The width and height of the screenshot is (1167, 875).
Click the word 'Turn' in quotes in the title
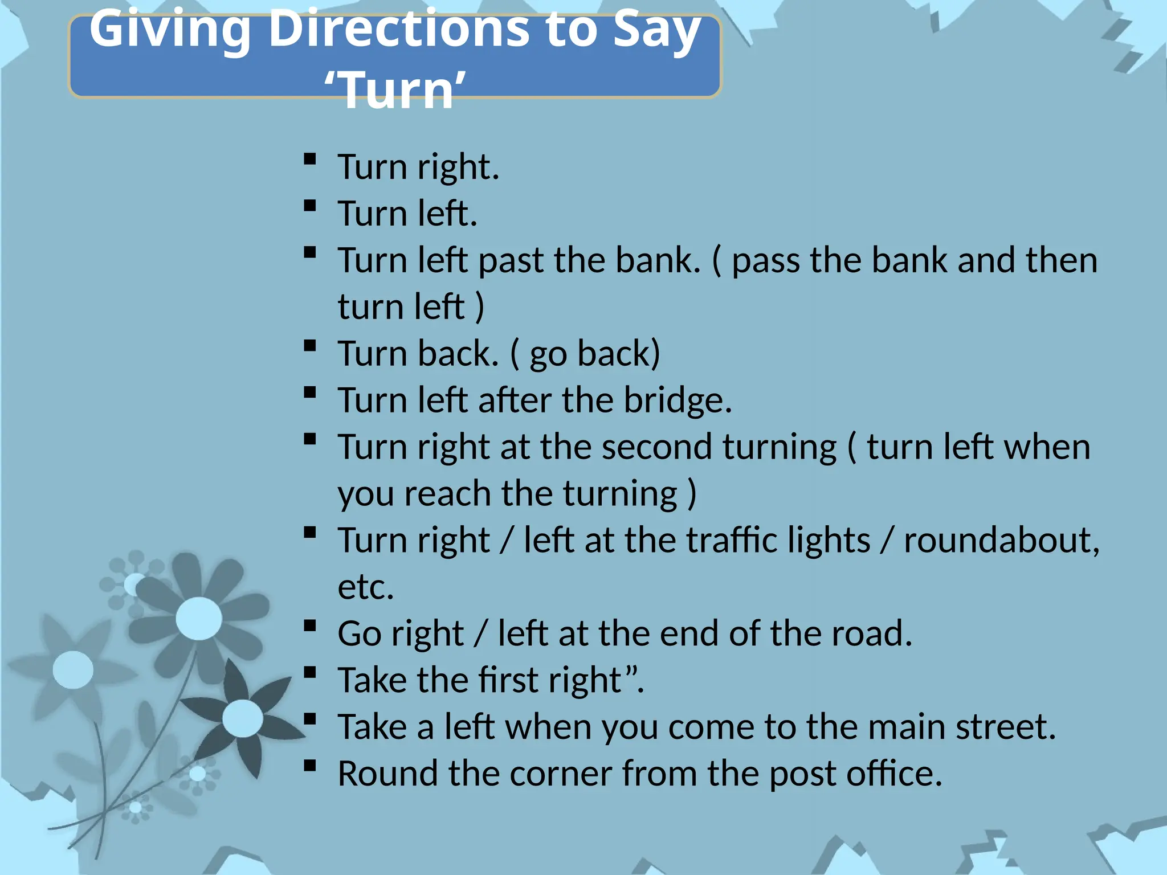(395, 90)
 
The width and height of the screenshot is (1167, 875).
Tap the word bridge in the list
(677, 400)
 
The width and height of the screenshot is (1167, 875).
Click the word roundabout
(1001, 541)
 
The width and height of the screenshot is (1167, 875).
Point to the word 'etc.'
(366, 587)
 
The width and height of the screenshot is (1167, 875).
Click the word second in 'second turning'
(656, 447)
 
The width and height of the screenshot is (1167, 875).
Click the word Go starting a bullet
(359, 634)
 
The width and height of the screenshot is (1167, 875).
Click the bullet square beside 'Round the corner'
(310, 765)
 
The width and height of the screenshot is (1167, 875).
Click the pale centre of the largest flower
(199, 619)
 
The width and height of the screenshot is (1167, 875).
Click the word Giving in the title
(170, 30)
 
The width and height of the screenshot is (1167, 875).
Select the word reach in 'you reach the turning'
(447, 494)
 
